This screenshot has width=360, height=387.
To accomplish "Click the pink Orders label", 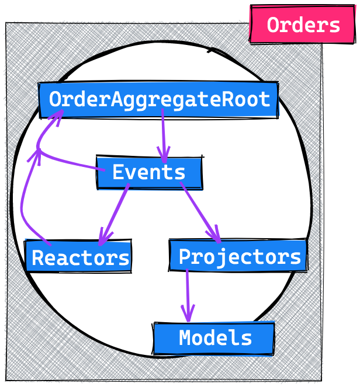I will coord(303,25).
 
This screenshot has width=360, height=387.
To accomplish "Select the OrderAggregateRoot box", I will coord(158,99).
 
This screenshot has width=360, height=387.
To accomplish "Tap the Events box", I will coord(149,173).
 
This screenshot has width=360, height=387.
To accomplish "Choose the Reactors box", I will coord(78,257).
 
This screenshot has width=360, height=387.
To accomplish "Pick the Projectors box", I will coord(238,256).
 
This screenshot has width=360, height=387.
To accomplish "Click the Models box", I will coord(214,338).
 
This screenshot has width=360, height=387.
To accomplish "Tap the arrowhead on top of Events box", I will coord(164,156).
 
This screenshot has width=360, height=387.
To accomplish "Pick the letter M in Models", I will coord(185,338).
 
